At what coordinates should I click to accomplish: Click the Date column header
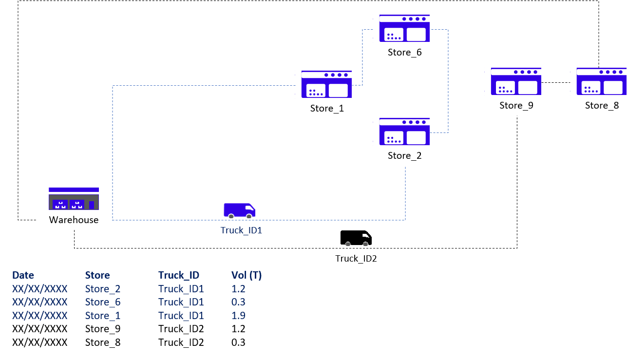coord(23,275)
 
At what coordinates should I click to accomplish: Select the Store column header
coord(97,275)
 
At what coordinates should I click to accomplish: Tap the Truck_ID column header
coord(179,275)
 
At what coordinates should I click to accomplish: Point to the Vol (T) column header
coord(247,275)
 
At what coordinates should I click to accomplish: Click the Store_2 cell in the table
coord(103,289)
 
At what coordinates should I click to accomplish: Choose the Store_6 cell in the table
coord(103,302)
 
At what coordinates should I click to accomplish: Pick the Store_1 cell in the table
coord(103,316)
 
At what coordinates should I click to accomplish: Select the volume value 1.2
coord(238,289)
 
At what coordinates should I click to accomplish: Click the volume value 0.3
coord(238,302)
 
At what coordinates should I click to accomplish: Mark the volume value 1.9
coord(238,316)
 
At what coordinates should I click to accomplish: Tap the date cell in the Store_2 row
coord(39,289)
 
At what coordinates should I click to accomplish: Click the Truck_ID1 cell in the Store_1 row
coord(181,316)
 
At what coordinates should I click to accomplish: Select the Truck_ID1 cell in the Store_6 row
coord(181,302)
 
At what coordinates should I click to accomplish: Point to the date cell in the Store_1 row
coord(39,316)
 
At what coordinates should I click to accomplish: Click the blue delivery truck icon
coord(239,209)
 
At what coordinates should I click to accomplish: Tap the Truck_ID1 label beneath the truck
coord(241,230)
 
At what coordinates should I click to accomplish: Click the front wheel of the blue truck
coord(249,216)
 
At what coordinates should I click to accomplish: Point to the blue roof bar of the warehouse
coord(74,189)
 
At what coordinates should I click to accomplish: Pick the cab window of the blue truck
coord(249,208)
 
